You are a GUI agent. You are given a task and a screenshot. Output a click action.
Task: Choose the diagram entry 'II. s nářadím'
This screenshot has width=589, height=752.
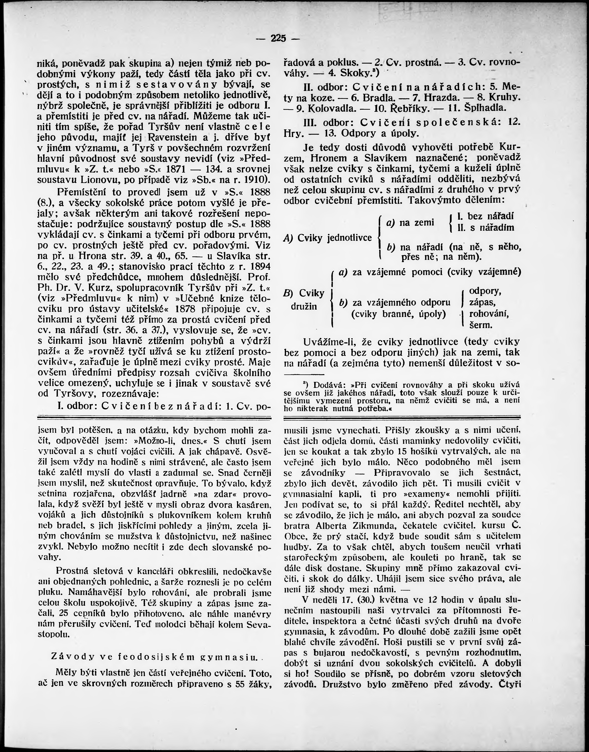[x=486, y=228]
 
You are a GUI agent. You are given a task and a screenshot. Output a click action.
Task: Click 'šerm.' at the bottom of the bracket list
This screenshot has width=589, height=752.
[x=481, y=325]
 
